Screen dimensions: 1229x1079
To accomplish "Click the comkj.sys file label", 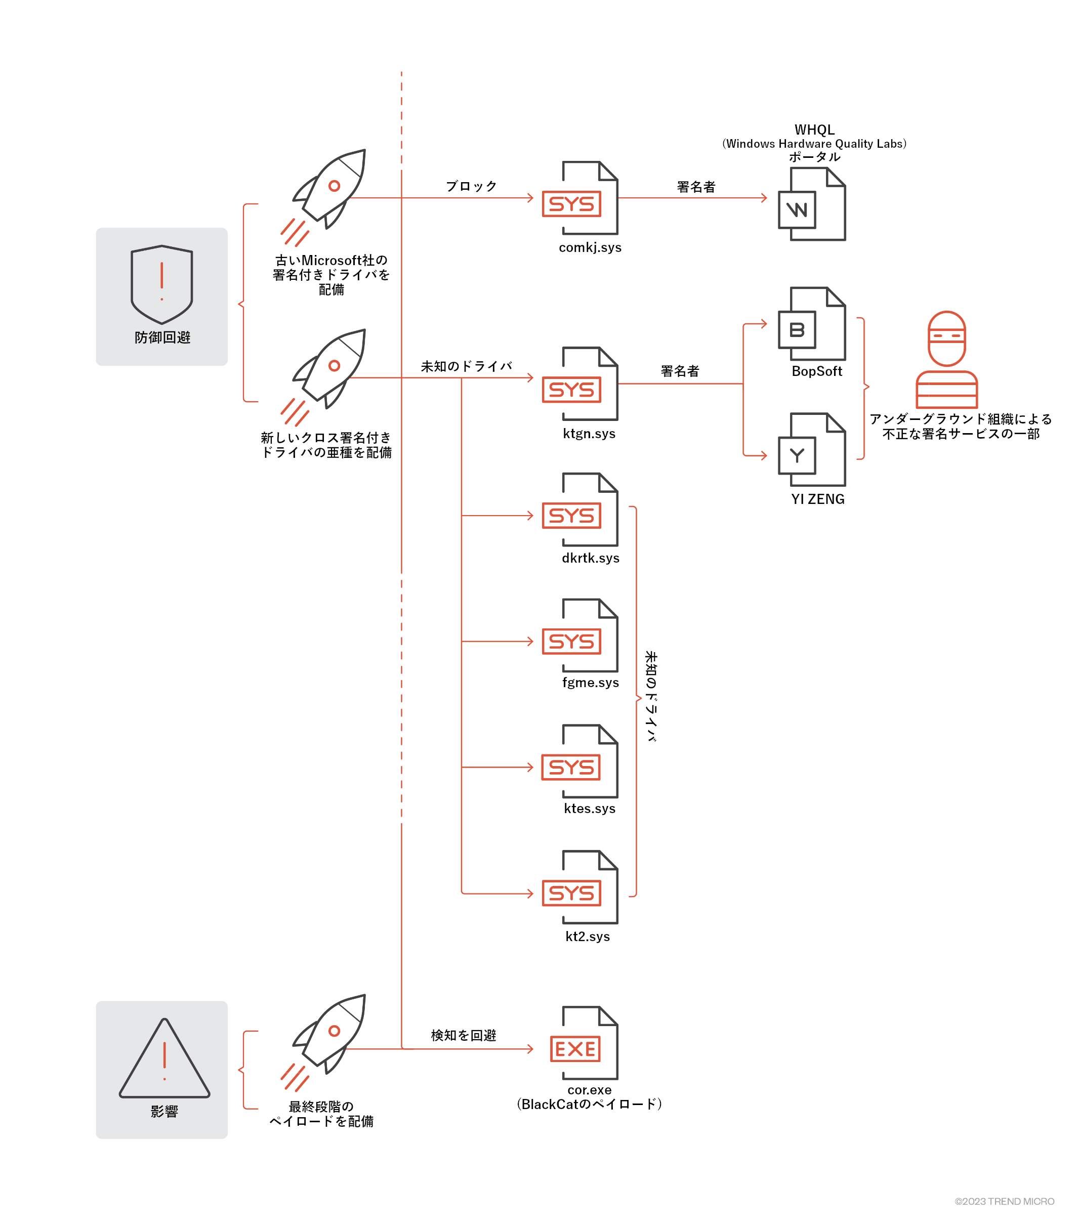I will [x=590, y=248].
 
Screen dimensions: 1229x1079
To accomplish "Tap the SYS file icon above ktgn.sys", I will [x=580, y=384].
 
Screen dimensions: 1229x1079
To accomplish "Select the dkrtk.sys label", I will [x=590, y=558].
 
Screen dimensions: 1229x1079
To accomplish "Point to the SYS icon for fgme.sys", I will [x=580, y=635].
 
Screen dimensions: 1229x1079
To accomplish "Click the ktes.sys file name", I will [x=590, y=809].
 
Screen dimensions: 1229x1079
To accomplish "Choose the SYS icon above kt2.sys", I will [x=580, y=887].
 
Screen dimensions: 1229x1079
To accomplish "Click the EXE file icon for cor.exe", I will [x=584, y=1043].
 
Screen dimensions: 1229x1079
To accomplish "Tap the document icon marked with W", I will [x=811, y=204].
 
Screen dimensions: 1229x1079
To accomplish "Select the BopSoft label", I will [x=816, y=371].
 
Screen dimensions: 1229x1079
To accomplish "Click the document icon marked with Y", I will [x=811, y=450].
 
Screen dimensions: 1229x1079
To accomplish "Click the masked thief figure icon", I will [x=946, y=360].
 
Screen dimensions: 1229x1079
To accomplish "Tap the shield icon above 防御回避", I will [x=162, y=284].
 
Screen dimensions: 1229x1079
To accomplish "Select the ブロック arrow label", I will [x=471, y=186].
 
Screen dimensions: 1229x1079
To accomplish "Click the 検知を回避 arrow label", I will [x=463, y=1035].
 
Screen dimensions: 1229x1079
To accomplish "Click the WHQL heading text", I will [x=814, y=130].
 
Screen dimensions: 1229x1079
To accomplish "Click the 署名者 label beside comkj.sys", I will [x=696, y=187].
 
